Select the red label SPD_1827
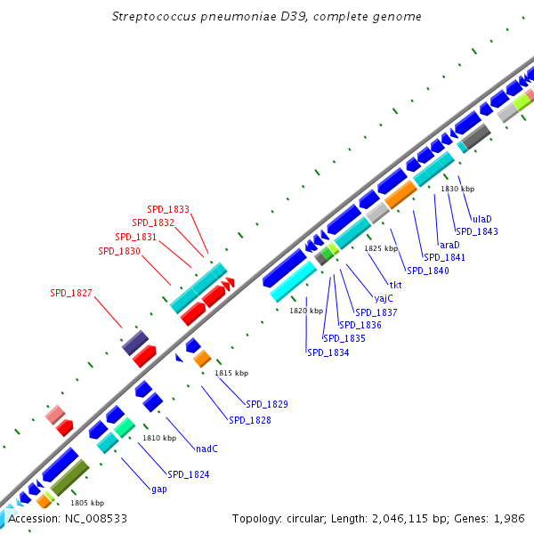coord(71,293)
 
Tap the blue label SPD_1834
coord(328,352)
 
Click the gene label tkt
coord(396,285)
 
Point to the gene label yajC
coord(384,298)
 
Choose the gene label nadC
coord(206,449)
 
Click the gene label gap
coord(159,489)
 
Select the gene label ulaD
coord(481,218)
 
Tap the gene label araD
coord(449,245)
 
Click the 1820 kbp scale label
coord(305,311)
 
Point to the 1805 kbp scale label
coord(87,503)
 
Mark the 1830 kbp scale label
coord(457,189)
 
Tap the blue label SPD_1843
coord(477,231)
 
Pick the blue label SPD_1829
coord(267,404)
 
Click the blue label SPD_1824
coord(189,474)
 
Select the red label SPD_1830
coord(119,251)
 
